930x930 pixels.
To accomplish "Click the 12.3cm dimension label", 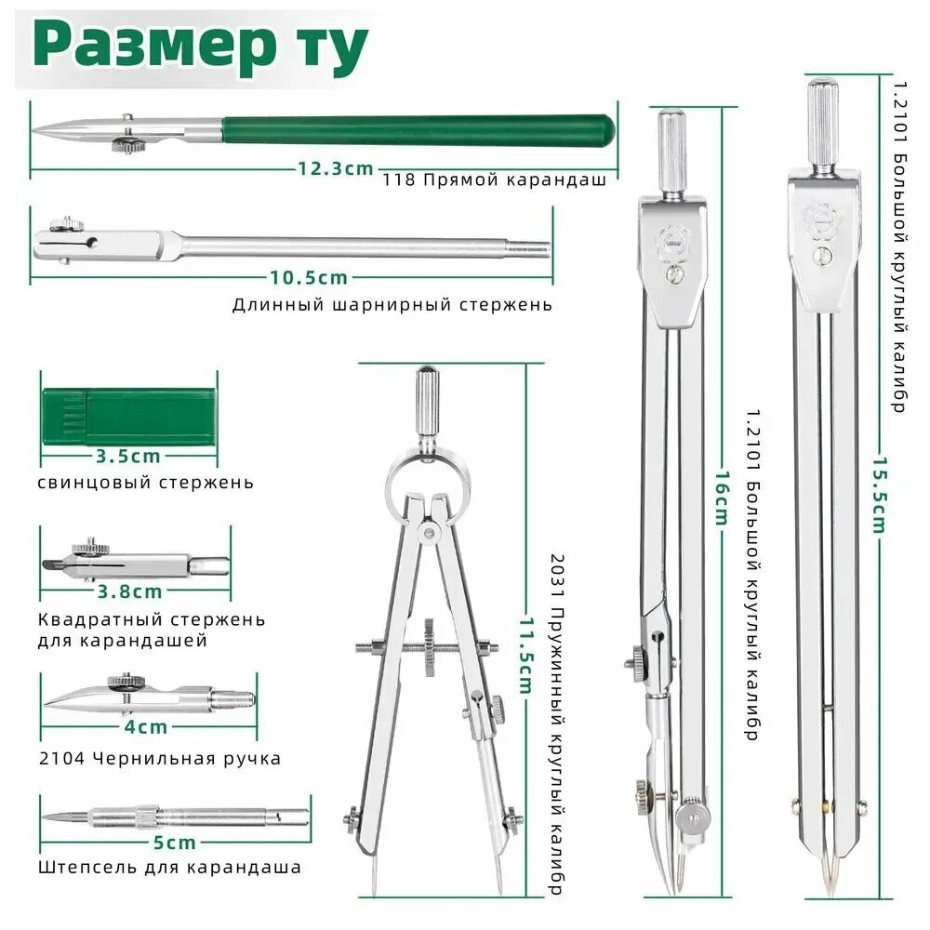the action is [x=335, y=168].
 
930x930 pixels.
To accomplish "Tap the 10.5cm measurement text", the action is [x=309, y=277].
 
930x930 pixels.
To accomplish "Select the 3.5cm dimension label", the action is [x=128, y=456].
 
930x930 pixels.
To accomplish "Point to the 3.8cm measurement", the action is [x=130, y=591].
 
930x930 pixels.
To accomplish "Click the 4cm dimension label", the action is [x=146, y=726].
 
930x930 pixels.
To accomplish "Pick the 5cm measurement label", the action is [x=175, y=843].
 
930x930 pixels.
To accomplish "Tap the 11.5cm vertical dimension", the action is [x=525, y=656].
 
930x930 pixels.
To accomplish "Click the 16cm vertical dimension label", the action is [x=722, y=499].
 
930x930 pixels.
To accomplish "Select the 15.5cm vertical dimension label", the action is [x=880, y=495].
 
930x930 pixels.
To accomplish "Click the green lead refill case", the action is [x=129, y=417].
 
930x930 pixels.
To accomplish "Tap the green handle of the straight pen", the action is [x=418, y=130].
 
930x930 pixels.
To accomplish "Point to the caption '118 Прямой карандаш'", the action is [x=494, y=179].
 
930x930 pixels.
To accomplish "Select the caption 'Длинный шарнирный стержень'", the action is [x=392, y=305].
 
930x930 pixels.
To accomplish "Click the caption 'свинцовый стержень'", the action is [x=145, y=483].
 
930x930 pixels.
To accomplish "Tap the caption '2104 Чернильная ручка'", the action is [x=160, y=758].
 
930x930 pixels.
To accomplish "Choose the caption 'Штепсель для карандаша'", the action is [x=169, y=867].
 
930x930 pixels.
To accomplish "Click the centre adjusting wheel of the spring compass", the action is [x=429, y=647].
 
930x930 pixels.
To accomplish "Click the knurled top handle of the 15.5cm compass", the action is [x=823, y=126].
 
